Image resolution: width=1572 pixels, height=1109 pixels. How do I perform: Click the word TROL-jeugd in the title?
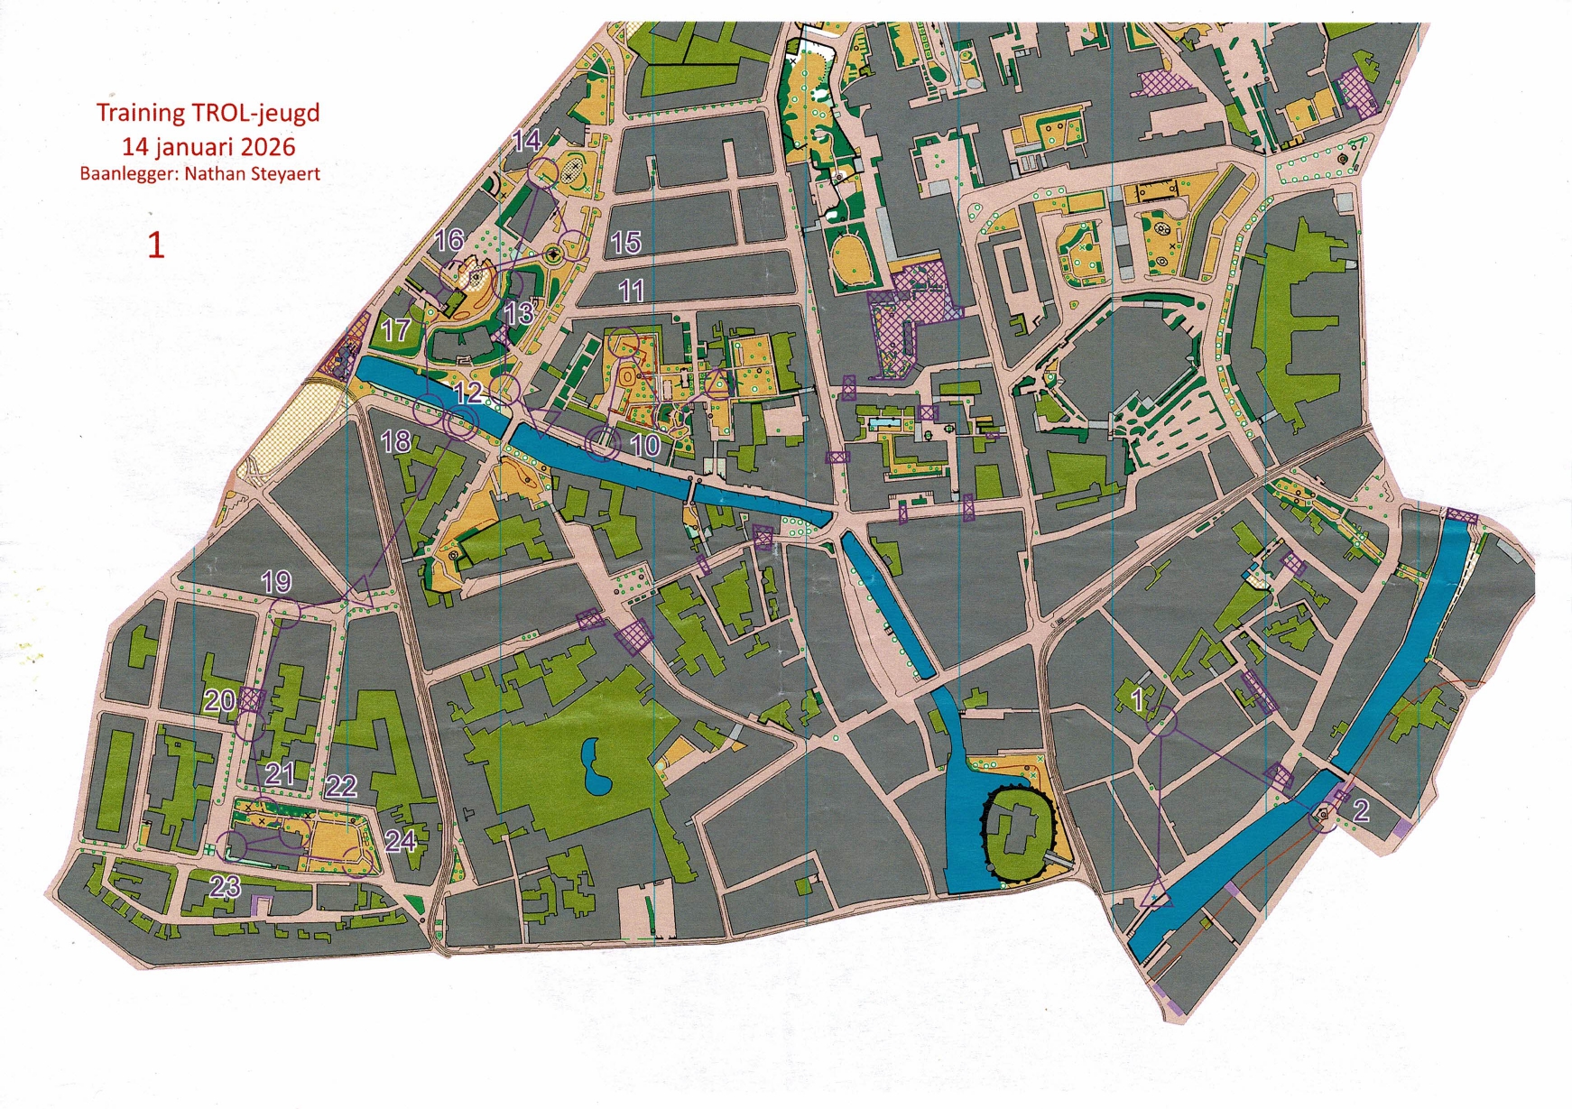point(255,113)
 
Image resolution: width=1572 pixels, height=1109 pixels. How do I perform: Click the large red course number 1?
point(156,245)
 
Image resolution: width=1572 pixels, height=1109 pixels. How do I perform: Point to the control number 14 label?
point(526,140)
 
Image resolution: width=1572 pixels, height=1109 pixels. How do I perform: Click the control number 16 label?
point(449,240)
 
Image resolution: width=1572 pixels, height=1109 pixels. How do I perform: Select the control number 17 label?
point(395,329)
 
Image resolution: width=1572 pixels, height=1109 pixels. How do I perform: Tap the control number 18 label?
point(396,441)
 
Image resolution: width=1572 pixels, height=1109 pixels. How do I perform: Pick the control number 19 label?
point(276,582)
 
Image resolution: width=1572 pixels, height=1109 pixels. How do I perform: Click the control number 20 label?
point(219,700)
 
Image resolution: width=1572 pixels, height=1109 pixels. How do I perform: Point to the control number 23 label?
point(225,886)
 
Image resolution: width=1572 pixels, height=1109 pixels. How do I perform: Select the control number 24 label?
point(400,841)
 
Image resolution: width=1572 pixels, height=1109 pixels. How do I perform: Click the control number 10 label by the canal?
point(644,445)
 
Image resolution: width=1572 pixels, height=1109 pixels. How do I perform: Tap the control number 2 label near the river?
point(1361,809)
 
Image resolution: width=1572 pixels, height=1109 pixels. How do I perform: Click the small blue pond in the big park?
point(593,765)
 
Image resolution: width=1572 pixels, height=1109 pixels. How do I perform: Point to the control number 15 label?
point(625,242)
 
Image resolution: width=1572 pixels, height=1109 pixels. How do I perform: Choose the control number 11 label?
point(632,291)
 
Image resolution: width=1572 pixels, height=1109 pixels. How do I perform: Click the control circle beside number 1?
point(1164,721)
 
